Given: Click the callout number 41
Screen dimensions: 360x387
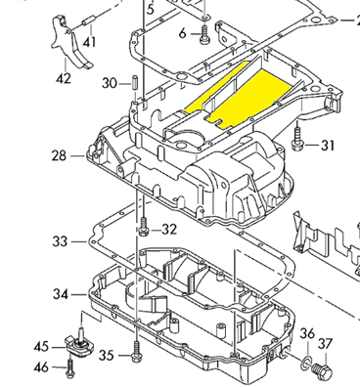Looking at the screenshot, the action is point(89,42).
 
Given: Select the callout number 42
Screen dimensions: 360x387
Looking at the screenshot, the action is point(64,78).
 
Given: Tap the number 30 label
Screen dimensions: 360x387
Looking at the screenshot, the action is point(110,83).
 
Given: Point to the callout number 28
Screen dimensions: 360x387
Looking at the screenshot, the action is point(59,155).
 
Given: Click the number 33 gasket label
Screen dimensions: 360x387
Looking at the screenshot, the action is point(60,241).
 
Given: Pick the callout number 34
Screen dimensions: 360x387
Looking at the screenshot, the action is point(61,294).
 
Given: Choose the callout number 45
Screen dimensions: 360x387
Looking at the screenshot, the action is point(41,347).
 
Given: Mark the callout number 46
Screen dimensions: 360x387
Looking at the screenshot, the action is point(41,367).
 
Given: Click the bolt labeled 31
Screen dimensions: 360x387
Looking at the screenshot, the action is point(297,139).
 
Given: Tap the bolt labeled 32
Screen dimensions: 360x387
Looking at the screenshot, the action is point(144,227).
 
